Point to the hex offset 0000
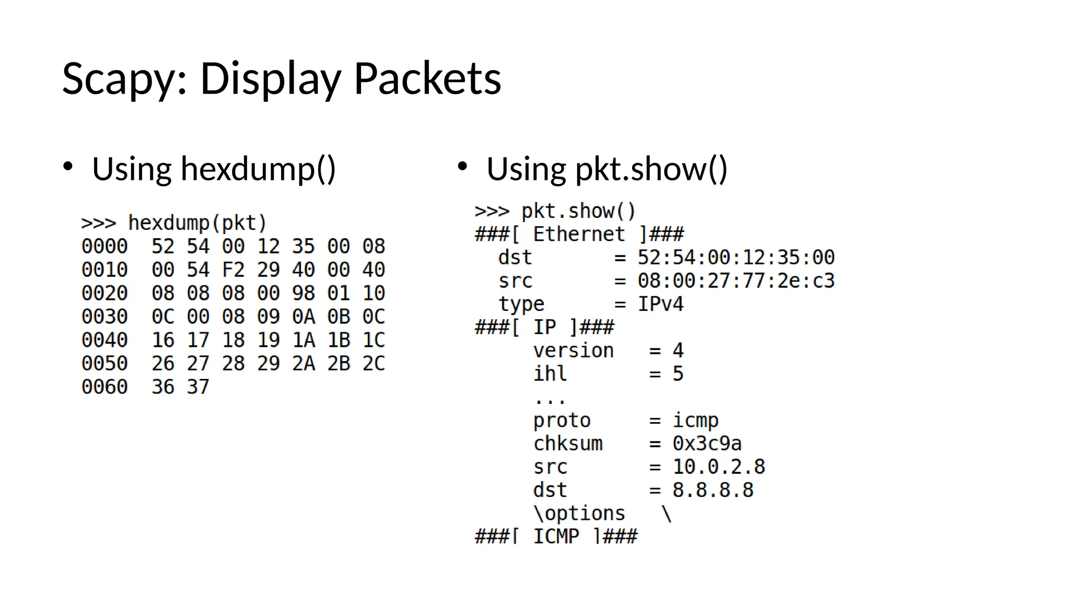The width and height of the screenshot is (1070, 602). click(104, 246)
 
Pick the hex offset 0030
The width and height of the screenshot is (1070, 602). click(104, 317)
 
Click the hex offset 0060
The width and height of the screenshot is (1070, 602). click(104, 387)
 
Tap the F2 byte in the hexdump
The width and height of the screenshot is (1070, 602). click(233, 270)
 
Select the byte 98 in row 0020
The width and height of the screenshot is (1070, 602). click(304, 293)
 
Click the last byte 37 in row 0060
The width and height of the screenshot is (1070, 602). click(198, 387)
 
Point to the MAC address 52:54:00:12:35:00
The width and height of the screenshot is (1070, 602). click(736, 257)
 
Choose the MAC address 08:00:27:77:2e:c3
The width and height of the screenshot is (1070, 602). click(736, 281)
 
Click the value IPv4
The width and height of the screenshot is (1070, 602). click(660, 304)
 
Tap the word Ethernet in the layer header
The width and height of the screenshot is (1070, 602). click(579, 234)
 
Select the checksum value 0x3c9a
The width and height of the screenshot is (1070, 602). click(707, 444)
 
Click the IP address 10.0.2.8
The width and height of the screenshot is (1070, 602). click(718, 467)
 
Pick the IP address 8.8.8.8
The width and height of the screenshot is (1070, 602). click(713, 490)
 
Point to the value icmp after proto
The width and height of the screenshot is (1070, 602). click(695, 420)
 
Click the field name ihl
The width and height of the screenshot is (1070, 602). click(550, 374)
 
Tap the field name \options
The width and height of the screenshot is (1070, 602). click(579, 514)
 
